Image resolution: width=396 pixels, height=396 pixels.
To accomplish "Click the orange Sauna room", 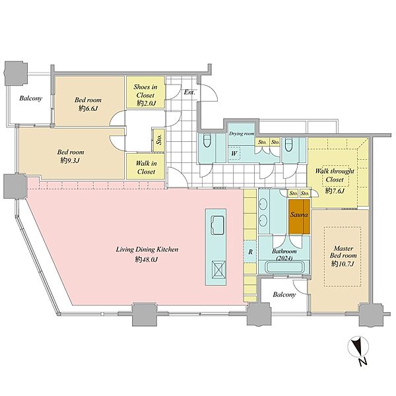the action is [x=299, y=216].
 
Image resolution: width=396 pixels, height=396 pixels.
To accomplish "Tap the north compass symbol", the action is [x=358, y=350].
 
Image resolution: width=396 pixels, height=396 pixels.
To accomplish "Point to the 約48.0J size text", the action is [x=147, y=259].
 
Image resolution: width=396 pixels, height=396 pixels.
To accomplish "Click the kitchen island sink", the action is [x=217, y=225].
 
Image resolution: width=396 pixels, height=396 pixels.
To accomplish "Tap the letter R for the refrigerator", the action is [x=250, y=252].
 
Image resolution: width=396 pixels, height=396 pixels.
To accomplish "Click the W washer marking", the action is [x=234, y=153].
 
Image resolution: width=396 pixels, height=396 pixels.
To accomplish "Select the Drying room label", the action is [x=242, y=133].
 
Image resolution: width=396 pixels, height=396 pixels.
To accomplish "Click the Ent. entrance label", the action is [x=189, y=92].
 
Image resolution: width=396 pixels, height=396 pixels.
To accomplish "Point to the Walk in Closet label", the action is [x=147, y=168].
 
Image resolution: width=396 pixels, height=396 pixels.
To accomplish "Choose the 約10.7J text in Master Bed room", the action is [x=343, y=264].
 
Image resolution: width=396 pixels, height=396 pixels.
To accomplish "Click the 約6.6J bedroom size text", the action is [x=88, y=109].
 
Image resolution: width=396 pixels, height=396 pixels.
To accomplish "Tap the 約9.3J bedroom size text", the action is [x=70, y=160].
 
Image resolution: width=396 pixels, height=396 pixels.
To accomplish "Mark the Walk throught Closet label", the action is [x=335, y=176].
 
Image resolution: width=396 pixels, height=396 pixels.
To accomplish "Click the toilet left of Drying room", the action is [x=207, y=141].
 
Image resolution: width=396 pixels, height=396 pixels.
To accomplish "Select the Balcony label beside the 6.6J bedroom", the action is [x=30, y=98].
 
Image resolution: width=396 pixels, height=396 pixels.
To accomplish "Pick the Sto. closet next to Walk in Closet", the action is [x=159, y=140].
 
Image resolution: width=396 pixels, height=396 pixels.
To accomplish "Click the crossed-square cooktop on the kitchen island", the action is [x=218, y=270].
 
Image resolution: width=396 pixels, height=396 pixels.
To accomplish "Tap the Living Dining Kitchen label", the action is [x=147, y=249].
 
